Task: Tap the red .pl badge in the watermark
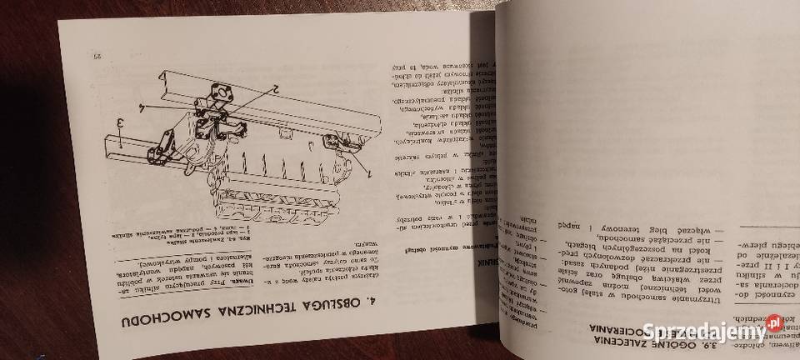[774, 322]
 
